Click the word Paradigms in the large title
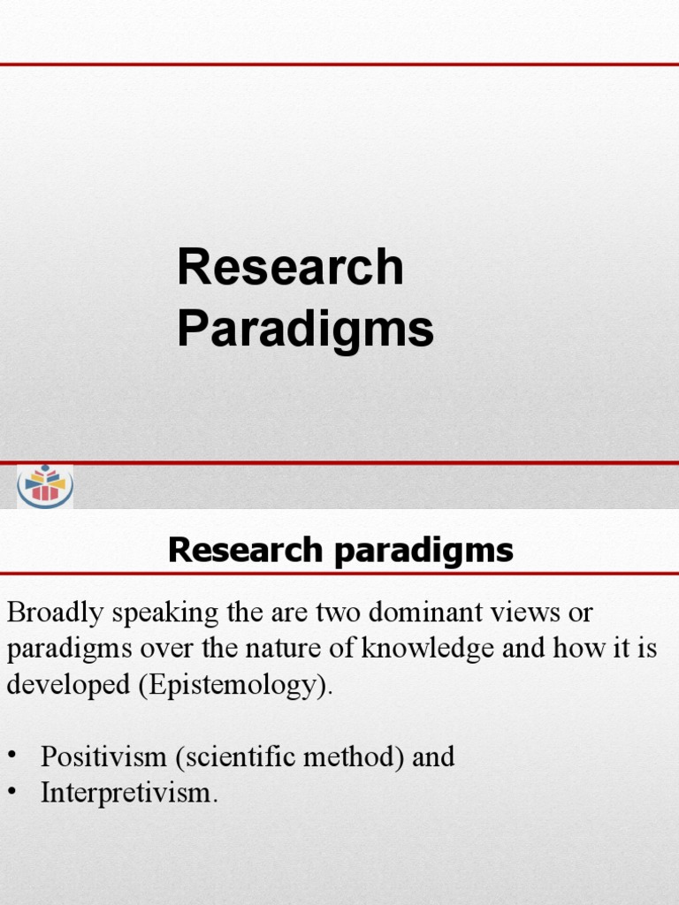tap(305, 329)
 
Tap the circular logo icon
tap(45, 485)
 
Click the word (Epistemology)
tap(236, 687)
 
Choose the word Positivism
tap(103, 757)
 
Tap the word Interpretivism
tap(128, 794)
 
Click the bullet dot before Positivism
tap(12, 757)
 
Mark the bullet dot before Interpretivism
tap(12, 794)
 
